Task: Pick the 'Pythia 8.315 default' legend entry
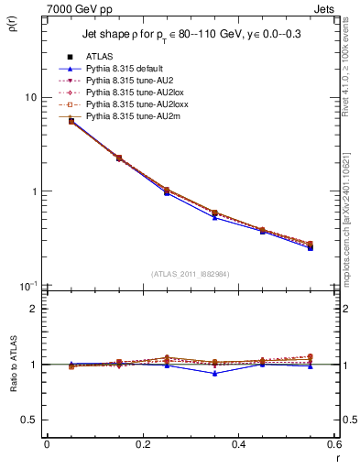coord(126,68)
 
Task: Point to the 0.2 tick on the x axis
coord(142,444)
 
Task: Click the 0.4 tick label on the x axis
coord(238,444)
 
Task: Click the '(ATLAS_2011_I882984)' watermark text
coord(190,274)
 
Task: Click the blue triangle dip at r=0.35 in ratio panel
coord(214,373)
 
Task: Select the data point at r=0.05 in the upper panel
coord(71,121)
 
